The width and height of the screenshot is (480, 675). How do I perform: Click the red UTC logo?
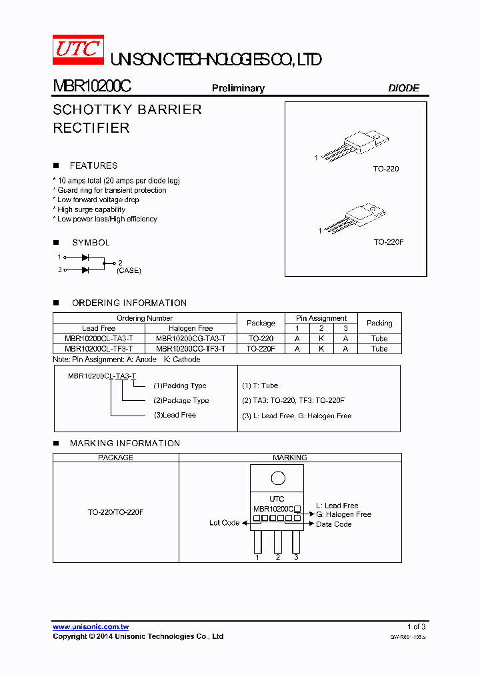coord(78,49)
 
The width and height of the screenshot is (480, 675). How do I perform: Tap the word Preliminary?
coord(238,88)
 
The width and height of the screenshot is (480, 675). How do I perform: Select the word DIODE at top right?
coord(403,88)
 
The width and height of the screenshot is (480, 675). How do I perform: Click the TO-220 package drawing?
coord(353,147)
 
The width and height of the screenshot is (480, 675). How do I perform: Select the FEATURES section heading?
coord(93,165)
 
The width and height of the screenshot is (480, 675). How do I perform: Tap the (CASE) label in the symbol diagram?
coord(129,271)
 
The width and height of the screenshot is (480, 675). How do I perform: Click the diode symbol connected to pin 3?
coord(85,269)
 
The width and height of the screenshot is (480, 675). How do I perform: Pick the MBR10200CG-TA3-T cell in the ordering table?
coord(191,338)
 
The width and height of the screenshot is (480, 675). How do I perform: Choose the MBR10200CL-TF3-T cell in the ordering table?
coord(99,348)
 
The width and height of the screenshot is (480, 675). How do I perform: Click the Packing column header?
coord(379,323)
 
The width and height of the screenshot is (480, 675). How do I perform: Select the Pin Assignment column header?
coord(321,318)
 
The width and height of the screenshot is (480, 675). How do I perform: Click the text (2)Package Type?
coord(181,400)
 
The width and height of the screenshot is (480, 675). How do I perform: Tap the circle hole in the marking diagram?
coord(277,478)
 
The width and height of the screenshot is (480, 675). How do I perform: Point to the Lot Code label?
coord(224,523)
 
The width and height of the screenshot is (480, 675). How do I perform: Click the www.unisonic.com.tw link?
coord(91,627)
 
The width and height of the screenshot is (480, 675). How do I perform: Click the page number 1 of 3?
coord(416,626)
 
